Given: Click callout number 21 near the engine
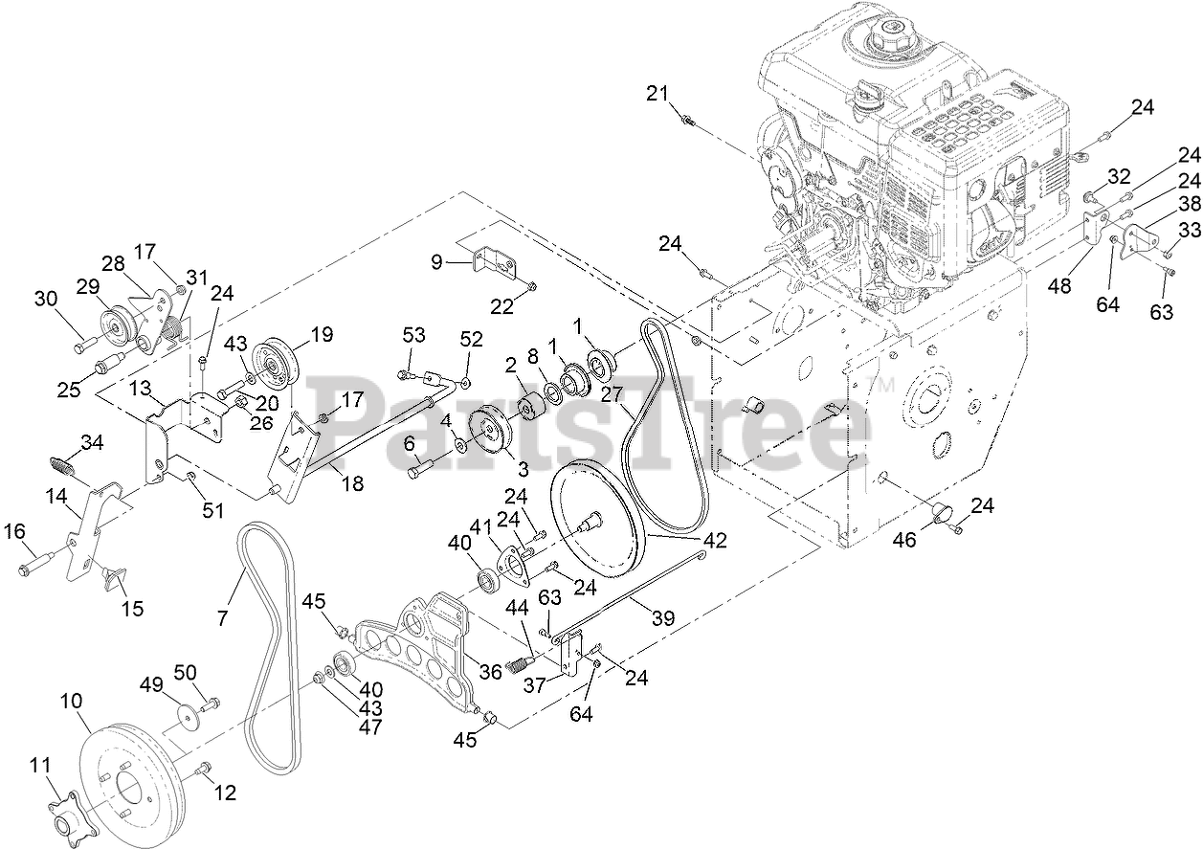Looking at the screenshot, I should [x=655, y=93].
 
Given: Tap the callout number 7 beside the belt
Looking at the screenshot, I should [x=223, y=619].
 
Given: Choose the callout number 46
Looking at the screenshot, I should [x=904, y=540].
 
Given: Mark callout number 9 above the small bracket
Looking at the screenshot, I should [x=437, y=260].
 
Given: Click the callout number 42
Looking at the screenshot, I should [x=714, y=541].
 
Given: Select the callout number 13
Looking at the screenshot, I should [x=140, y=386].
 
